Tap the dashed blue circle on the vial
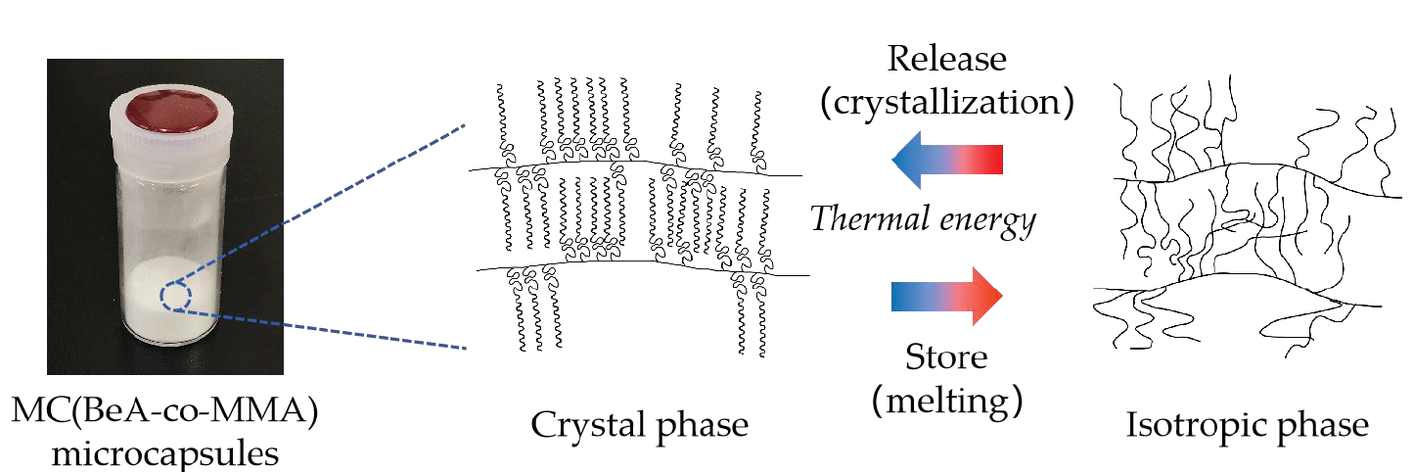click(176, 296)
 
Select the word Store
click(946, 356)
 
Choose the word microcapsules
click(164, 453)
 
